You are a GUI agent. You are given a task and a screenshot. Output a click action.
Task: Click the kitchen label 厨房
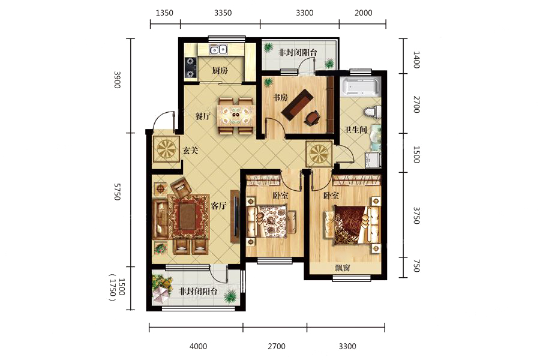point(220,71)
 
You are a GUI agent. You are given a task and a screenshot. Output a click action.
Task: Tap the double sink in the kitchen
point(218,50)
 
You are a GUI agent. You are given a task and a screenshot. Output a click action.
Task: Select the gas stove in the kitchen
point(190,68)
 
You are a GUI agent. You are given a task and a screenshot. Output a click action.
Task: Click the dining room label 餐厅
point(203,116)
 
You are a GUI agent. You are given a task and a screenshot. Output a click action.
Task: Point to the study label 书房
point(280,98)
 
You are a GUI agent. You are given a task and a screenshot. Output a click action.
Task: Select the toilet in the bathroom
point(372,112)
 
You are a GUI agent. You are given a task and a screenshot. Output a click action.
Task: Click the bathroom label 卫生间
point(356,130)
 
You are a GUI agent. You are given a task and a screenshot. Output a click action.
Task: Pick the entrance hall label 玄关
point(190,151)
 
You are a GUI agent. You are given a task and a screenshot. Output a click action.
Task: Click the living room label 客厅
point(218,206)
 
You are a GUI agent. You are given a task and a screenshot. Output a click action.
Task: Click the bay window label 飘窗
point(342,268)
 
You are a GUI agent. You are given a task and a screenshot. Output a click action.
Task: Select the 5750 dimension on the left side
point(118,191)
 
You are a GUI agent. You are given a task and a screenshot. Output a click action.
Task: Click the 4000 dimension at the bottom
point(199,346)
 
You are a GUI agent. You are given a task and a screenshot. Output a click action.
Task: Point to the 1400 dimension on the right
point(416,59)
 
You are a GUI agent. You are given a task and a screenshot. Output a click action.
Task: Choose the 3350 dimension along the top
point(223,13)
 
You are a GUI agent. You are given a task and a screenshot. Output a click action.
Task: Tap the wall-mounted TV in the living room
point(236,217)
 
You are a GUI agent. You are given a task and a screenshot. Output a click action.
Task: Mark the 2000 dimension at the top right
point(364,13)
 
